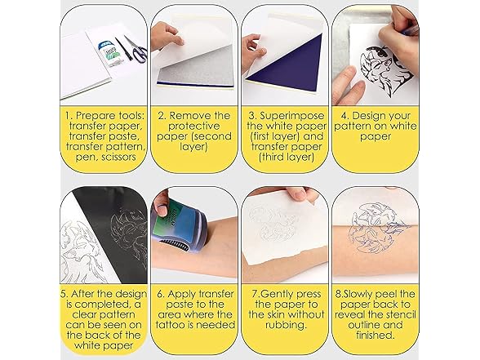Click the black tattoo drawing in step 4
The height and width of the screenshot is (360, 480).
coord(386,67)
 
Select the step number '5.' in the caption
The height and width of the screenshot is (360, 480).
coord(64,294)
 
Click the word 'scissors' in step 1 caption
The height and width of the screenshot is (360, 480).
coord(118,157)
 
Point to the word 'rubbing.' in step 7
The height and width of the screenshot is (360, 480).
coord(286,325)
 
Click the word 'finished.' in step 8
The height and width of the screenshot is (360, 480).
coord(375,336)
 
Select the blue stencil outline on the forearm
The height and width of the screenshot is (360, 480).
coord(380,227)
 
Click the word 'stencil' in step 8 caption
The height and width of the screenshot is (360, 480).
coord(399,315)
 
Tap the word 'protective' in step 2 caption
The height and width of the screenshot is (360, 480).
coord(194,126)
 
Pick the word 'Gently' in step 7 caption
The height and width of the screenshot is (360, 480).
coord(278,294)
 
